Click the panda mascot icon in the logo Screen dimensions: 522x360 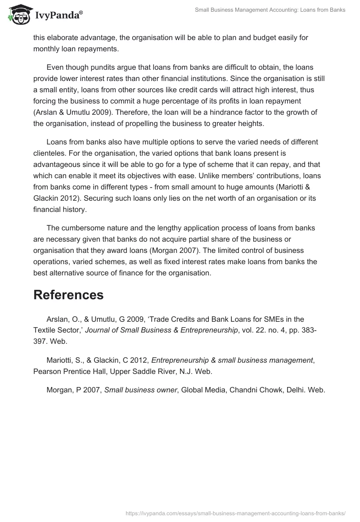[17, 14]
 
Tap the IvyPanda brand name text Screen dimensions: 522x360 [58, 15]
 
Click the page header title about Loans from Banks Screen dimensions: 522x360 [270, 9]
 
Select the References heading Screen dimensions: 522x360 [68, 295]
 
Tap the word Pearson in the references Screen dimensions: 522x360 [46, 371]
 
